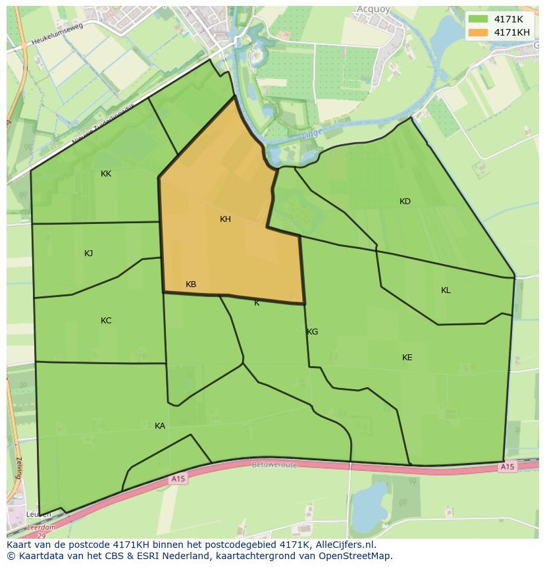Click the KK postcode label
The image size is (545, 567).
click(106, 174)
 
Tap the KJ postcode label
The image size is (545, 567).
click(89, 254)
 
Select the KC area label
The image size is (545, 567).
click(106, 321)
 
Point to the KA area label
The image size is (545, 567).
click(160, 426)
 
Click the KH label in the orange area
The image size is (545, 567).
click(225, 219)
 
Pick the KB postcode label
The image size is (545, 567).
click(191, 284)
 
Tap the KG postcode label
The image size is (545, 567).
click(313, 332)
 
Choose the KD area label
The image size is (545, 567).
click(405, 202)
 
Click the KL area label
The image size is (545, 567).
click(446, 290)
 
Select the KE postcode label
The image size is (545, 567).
click(407, 358)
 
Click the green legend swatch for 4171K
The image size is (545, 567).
click(479, 19)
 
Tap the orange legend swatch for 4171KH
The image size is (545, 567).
click(479, 32)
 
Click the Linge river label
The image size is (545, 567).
click(312, 134)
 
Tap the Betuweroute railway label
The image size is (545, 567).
click(274, 464)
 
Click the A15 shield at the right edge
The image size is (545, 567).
click(506, 467)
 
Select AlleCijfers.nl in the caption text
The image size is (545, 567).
click(345, 545)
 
